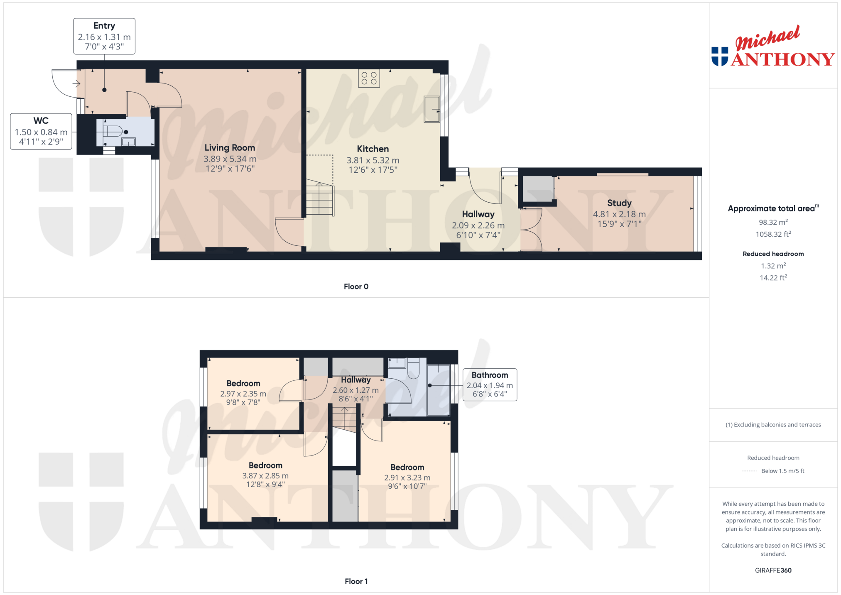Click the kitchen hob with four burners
tap(369, 78)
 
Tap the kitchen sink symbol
tap(432, 109)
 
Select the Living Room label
tap(230, 148)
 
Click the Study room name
tap(619, 203)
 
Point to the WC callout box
tap(41, 131)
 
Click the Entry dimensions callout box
tap(104, 36)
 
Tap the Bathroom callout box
tap(490, 384)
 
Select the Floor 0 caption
tap(356, 286)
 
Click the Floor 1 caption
tap(356, 581)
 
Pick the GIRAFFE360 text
tap(773, 570)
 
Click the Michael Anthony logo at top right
tap(773, 46)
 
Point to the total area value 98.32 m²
tap(773, 222)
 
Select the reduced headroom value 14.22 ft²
tap(773, 278)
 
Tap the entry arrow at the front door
tap(76, 84)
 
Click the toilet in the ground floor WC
tap(113, 131)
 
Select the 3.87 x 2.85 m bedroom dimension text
tap(265, 476)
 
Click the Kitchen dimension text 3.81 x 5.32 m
tap(373, 160)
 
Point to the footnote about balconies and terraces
tap(773, 425)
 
